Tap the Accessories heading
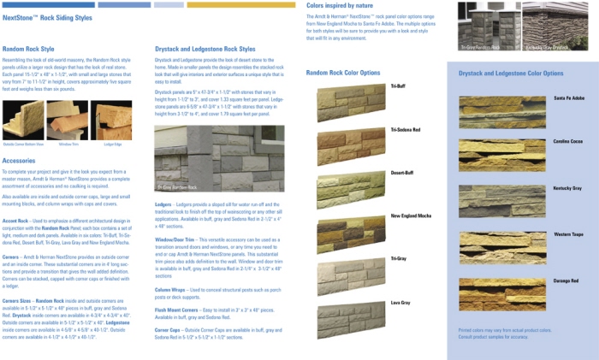[19, 160]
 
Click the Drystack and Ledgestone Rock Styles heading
[205, 49]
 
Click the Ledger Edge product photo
[113, 120]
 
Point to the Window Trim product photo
[69, 120]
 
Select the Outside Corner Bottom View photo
[23, 120]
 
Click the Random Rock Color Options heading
[342, 74]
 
